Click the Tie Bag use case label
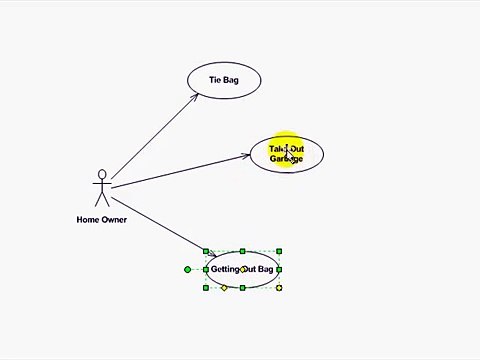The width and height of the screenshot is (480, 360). pos(223,80)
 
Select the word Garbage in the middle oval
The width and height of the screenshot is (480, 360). pos(285,159)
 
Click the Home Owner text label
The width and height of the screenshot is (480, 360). pos(101,220)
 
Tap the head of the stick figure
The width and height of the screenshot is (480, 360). pos(101,175)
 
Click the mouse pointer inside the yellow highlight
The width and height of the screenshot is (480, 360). pos(288,154)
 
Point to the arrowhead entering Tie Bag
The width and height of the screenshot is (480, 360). pos(195,97)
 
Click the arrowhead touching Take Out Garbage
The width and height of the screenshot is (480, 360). pos(247,155)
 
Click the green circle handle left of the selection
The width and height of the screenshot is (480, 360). pos(187,269)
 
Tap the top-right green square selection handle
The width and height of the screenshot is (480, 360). pos(279,251)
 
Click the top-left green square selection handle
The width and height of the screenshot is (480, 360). pos(206,251)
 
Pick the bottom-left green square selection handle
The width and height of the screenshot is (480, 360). pos(206,288)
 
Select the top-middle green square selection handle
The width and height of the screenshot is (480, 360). pos(243,251)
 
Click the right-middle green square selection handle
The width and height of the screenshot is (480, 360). pos(279,269)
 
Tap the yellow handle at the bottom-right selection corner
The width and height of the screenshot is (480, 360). pos(279,288)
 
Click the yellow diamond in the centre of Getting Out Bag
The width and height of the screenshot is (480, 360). pos(243,269)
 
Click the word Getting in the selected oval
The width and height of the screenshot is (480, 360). pos(225,270)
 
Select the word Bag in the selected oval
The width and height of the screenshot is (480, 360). pos(265,270)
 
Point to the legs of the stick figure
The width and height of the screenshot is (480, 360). pos(101,201)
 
